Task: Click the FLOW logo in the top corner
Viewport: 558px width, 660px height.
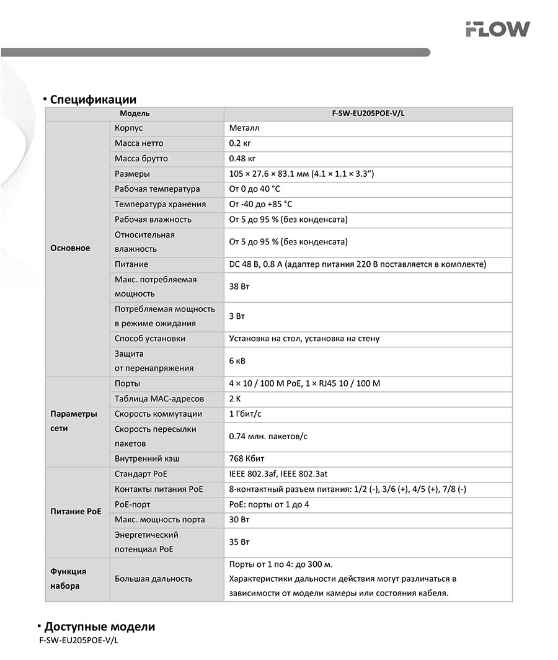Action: (x=498, y=29)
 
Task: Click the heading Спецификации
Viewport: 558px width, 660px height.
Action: (x=93, y=99)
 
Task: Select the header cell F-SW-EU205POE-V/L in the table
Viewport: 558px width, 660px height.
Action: (x=368, y=114)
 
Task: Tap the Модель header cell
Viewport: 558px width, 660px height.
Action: (x=135, y=114)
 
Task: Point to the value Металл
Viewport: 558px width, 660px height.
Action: (x=244, y=128)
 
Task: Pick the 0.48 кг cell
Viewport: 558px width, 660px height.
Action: (x=242, y=159)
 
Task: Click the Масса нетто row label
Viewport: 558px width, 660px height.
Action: (x=139, y=143)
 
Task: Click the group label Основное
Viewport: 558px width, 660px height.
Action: (x=70, y=248)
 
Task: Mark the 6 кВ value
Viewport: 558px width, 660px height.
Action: (x=237, y=360)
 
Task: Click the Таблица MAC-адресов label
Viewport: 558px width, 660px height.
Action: (x=159, y=399)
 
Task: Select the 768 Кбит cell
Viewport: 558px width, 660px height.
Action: (x=247, y=459)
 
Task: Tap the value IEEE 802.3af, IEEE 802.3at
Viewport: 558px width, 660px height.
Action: (x=278, y=475)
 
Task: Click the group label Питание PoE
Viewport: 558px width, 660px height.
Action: (x=76, y=512)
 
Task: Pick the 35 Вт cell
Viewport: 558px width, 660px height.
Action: (x=239, y=542)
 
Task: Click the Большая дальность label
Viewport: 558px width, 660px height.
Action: (x=153, y=579)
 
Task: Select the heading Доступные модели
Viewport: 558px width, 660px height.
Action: (x=99, y=627)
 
